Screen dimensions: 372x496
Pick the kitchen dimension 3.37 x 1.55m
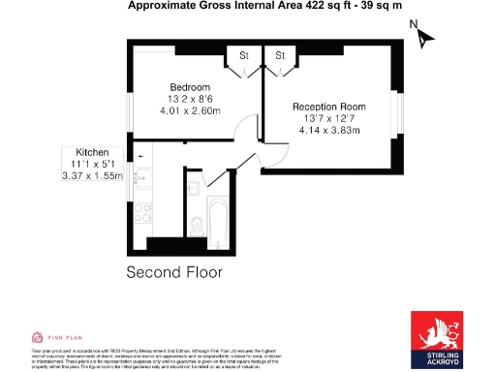92,177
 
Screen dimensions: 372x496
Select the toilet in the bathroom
196,223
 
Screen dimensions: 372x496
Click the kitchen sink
141,177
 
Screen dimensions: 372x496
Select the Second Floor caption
174,272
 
